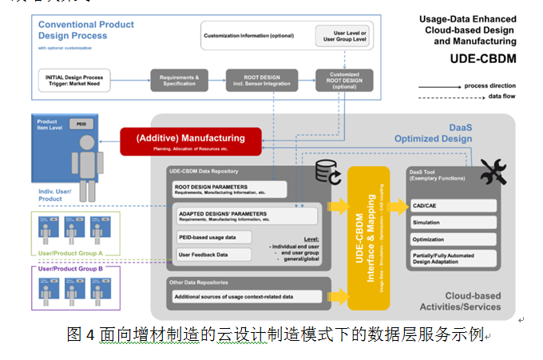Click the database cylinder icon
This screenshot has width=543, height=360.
(327, 170)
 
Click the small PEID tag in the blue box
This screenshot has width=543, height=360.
(80, 125)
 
